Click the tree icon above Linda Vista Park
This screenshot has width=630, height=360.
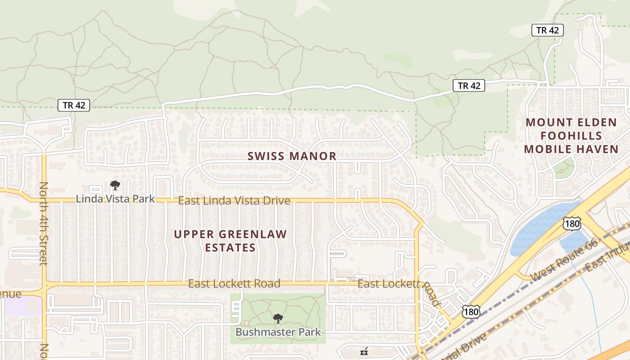point(115,185)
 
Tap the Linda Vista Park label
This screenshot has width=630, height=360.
point(115,198)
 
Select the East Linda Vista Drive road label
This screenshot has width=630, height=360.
point(234,201)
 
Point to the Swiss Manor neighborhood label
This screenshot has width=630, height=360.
point(292,156)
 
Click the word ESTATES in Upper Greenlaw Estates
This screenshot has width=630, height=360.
point(230,247)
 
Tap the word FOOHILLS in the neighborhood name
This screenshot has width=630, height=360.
point(571,135)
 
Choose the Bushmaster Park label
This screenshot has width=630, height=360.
point(278,332)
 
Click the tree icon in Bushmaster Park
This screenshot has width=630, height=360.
point(278,319)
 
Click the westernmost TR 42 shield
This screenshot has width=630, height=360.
point(74,105)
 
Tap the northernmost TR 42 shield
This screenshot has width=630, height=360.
point(547,30)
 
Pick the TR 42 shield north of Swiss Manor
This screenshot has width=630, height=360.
point(468,85)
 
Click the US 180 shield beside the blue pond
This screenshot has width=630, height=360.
point(571,224)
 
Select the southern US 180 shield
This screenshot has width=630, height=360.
point(471,311)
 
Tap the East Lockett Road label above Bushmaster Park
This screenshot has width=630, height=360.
point(234,283)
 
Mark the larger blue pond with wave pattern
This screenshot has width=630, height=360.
point(540,227)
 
